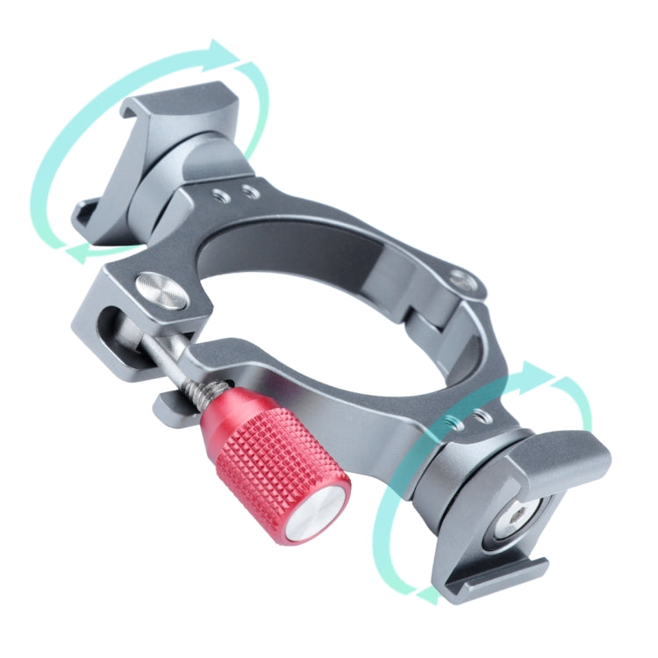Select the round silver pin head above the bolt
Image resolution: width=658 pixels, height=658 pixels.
coord(161,292)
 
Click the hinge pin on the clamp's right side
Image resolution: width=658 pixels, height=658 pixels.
coord(460,281)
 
